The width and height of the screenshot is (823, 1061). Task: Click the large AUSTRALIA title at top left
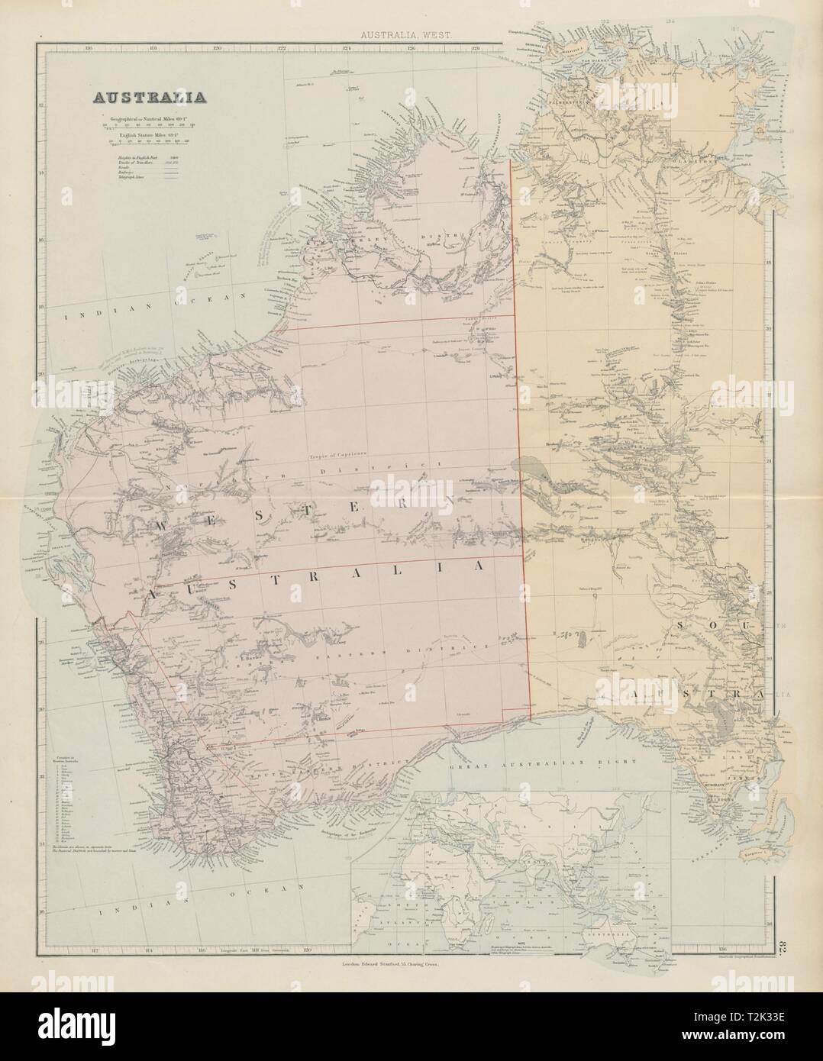pos(148,98)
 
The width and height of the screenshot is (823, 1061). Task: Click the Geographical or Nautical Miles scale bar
pos(153,127)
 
